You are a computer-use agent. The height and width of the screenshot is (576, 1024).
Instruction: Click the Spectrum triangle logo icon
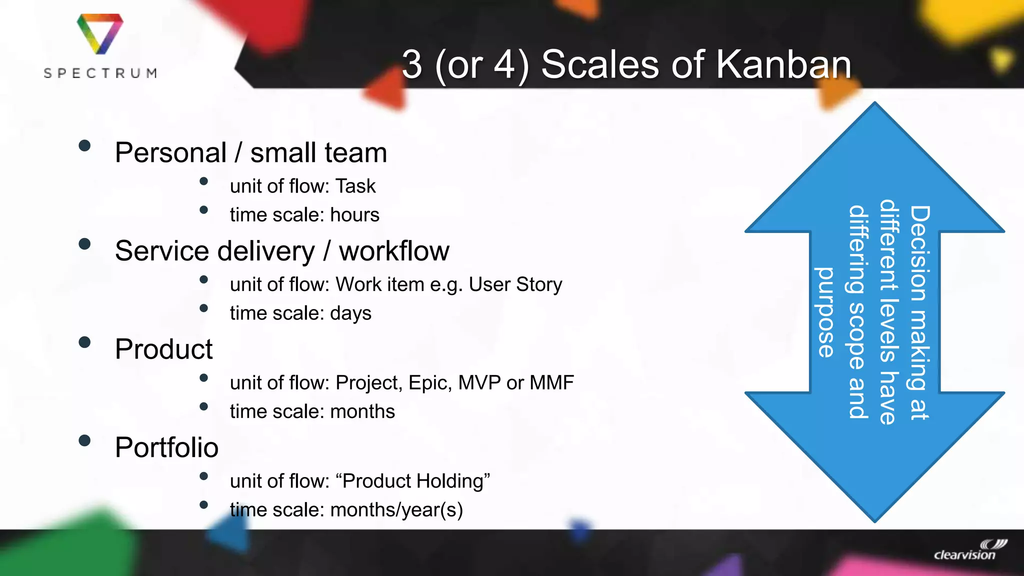point(100,33)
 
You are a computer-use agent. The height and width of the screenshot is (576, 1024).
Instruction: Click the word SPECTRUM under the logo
point(100,73)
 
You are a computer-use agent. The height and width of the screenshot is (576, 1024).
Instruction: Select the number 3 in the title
point(412,64)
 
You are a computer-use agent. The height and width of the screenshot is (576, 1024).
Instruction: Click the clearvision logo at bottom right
point(969,550)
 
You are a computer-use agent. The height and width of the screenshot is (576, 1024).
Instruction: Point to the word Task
point(355,186)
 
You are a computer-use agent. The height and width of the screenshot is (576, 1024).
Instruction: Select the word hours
point(354,215)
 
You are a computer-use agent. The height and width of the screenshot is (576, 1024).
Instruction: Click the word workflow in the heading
point(394,251)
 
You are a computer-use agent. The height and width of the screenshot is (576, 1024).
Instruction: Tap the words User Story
point(515,284)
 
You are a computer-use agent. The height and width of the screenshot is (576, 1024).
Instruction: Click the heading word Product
point(164,349)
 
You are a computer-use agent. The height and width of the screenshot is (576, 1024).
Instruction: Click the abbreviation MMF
point(551,383)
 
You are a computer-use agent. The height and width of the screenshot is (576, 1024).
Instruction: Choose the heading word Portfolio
point(166,447)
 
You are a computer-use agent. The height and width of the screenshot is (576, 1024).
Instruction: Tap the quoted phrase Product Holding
point(413,481)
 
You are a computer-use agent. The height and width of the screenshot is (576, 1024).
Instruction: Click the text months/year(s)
point(396,510)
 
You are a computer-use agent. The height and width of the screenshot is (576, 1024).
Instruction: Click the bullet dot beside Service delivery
point(84,244)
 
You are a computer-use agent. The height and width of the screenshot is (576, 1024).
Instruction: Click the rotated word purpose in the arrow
point(825,312)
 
